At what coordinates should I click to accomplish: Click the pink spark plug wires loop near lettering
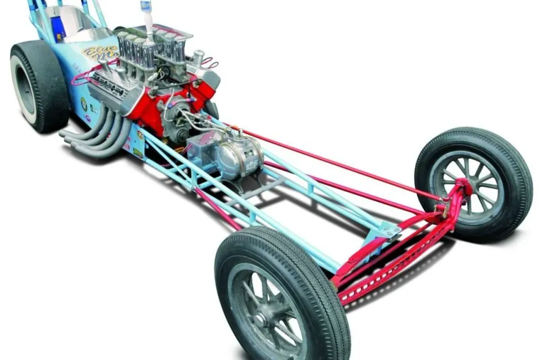(83, 74)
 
